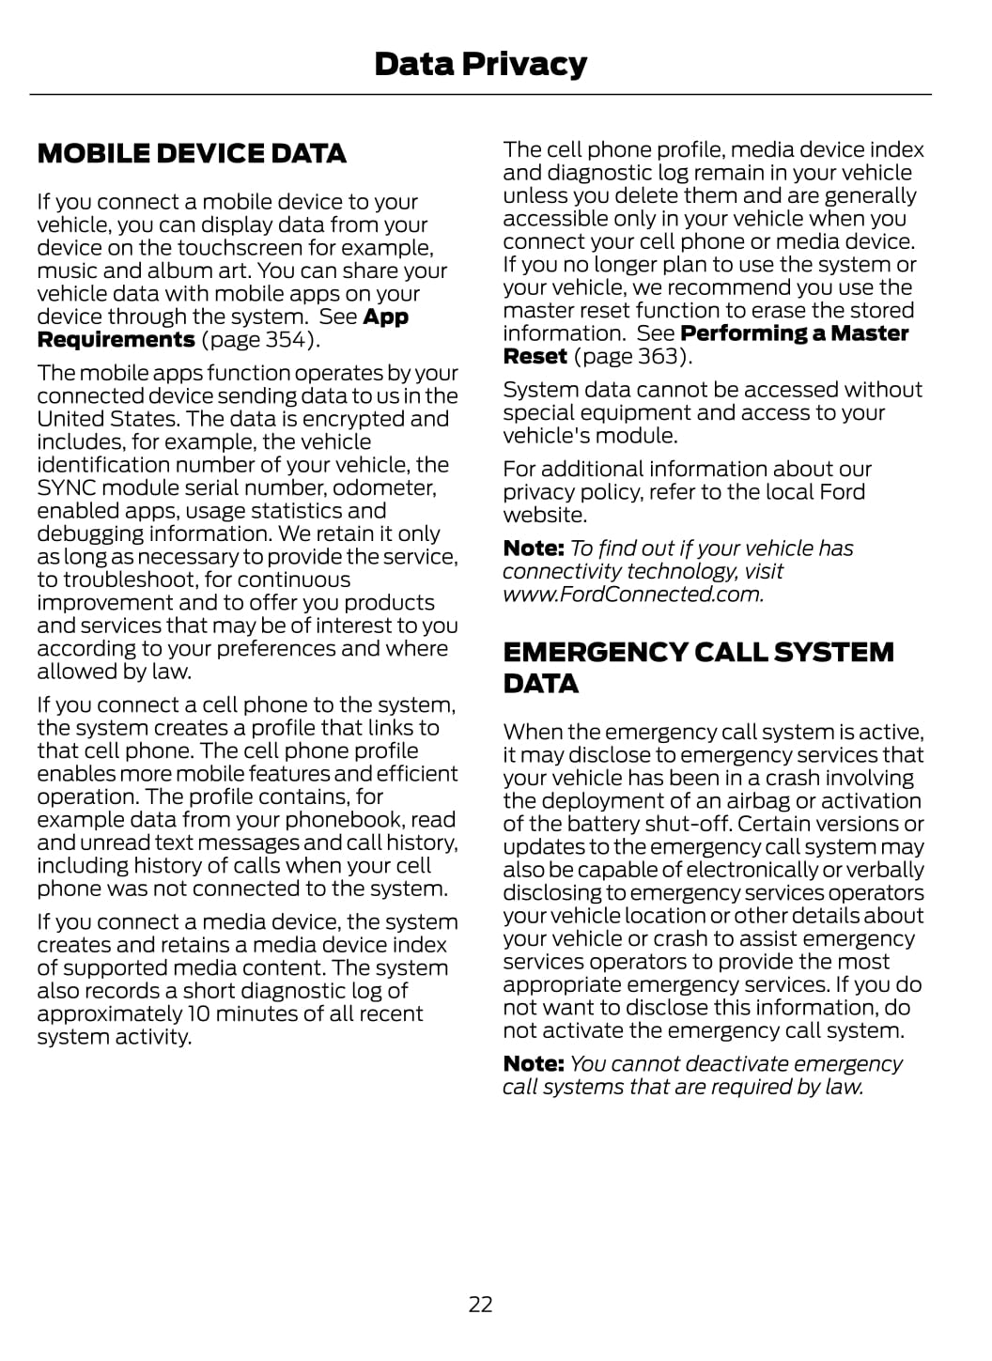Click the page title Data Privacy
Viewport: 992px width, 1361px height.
(x=480, y=64)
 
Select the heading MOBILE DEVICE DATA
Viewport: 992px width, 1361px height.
(x=192, y=153)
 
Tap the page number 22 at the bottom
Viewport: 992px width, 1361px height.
(x=480, y=1304)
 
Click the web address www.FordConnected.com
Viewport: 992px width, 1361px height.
(x=632, y=595)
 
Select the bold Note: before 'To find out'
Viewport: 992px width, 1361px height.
(x=533, y=549)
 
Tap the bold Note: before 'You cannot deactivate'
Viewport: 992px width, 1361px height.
(x=533, y=1063)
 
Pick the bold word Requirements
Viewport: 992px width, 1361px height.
(x=116, y=340)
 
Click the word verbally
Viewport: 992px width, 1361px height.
(x=884, y=870)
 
